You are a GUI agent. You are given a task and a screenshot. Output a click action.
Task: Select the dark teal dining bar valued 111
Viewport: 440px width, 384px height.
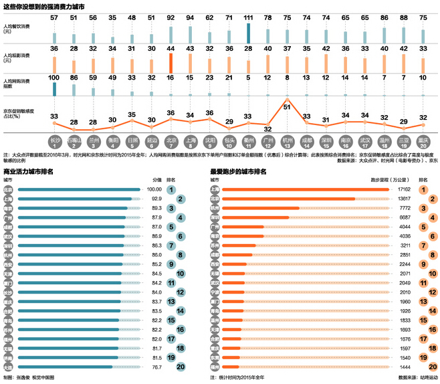248,34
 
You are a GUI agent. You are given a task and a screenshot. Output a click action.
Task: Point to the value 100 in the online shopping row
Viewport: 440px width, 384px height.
55,78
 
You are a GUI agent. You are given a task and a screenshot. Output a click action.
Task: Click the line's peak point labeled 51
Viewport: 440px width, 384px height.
287,107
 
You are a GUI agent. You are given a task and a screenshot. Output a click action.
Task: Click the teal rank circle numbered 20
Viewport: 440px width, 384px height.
172,367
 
